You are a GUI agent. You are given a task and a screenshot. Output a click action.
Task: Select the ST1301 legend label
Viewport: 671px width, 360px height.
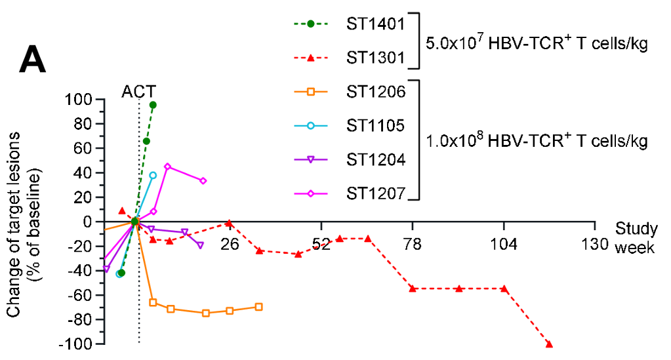375,57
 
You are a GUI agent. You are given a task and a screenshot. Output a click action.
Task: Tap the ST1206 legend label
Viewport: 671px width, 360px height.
375,91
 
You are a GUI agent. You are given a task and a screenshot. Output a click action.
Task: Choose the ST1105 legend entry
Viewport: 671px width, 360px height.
375,125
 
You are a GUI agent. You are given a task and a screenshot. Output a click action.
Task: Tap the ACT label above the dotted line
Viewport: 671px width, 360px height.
139,91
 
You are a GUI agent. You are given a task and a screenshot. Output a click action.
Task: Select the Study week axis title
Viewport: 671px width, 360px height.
636,238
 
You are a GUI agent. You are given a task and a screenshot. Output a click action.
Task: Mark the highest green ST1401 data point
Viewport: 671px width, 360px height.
153,105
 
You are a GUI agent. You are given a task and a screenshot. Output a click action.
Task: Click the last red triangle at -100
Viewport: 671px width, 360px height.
549,344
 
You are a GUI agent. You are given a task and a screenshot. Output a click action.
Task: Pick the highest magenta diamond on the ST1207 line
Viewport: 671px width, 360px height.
167,167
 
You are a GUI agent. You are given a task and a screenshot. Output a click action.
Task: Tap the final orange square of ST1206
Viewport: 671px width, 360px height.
258,307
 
